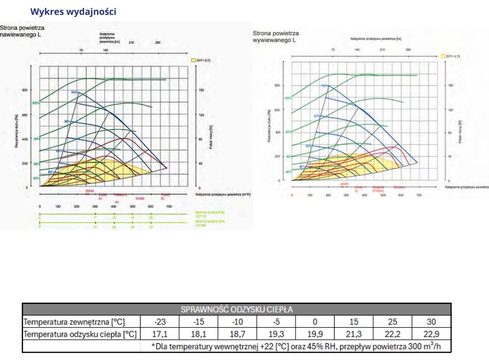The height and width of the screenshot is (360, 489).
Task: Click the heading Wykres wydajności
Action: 73,12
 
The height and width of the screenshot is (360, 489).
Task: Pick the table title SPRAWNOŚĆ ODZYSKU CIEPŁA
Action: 237,310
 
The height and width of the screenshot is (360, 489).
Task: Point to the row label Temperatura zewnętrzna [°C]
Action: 75,322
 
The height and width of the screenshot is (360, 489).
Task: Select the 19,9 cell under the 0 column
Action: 315,334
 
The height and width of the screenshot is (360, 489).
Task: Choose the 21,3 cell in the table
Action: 354,334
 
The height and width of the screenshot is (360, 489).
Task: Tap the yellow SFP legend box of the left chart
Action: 194,60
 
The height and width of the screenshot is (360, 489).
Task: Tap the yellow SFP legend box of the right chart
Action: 443,57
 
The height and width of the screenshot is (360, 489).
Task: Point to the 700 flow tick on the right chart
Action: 419,195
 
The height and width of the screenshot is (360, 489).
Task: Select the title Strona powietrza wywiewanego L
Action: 276,36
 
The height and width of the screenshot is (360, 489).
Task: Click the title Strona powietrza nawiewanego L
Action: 22,31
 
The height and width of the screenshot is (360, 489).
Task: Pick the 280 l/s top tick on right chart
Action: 408,50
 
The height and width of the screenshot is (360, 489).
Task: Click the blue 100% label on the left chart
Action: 74,92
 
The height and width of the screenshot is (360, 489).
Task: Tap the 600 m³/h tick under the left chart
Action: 150,206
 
